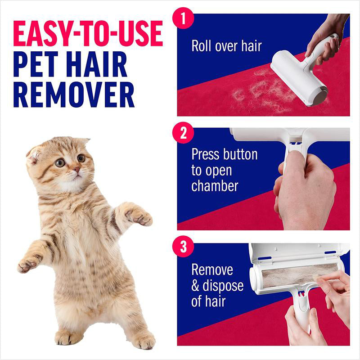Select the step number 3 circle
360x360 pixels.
pos(183,247)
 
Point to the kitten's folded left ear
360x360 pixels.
pos(33,153)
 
